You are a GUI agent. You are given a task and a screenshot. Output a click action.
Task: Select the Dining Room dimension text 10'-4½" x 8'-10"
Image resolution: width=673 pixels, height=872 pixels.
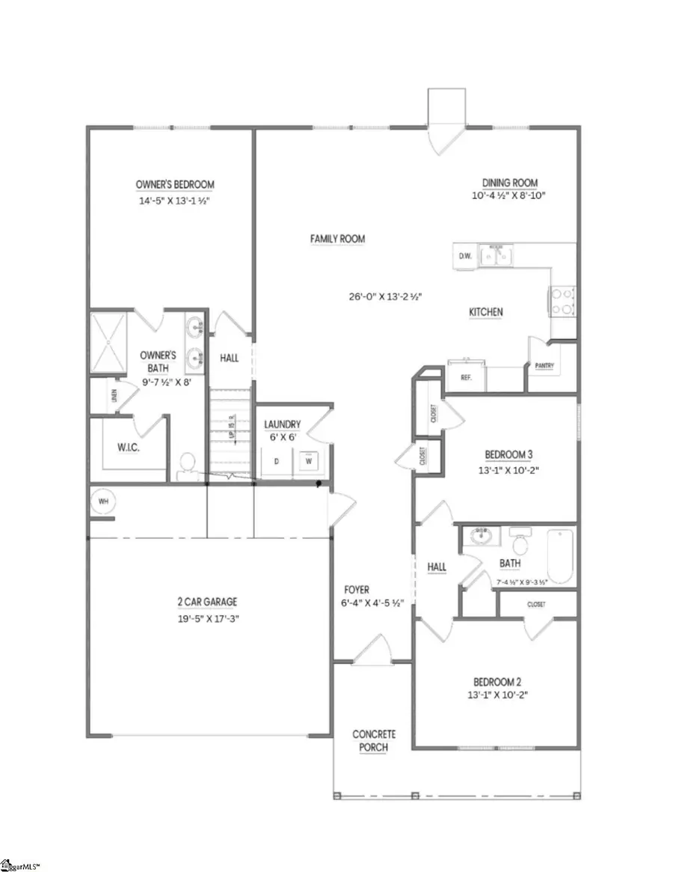(509, 197)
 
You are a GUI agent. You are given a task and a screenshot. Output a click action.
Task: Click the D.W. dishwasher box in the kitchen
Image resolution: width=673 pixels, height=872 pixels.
(464, 257)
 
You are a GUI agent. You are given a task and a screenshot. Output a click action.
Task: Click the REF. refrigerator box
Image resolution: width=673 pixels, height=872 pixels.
(465, 378)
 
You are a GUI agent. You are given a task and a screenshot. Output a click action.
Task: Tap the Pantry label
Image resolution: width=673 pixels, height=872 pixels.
(544, 365)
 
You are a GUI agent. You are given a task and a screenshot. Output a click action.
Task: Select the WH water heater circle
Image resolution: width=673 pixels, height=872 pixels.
(101, 501)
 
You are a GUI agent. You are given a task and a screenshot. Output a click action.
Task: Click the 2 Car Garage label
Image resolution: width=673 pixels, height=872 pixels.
(209, 601)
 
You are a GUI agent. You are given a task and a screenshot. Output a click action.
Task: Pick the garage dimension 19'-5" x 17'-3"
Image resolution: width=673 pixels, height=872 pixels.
(209, 618)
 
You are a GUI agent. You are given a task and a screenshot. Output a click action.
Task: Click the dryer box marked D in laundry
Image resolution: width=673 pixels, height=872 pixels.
(276, 462)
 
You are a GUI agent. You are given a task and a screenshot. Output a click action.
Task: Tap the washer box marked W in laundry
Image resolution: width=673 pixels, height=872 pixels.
(306, 462)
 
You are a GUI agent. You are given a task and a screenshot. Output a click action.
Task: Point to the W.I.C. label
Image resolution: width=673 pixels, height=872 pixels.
(129, 448)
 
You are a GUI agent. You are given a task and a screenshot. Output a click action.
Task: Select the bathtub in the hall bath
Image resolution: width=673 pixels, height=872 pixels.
(559, 556)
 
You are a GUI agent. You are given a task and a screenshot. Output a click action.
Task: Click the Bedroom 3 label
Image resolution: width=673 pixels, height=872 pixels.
(508, 454)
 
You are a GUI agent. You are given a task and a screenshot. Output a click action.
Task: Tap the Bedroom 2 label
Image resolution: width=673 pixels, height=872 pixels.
(497, 682)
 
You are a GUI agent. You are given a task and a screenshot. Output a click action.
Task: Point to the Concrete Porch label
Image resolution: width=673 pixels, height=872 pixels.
(374, 740)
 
